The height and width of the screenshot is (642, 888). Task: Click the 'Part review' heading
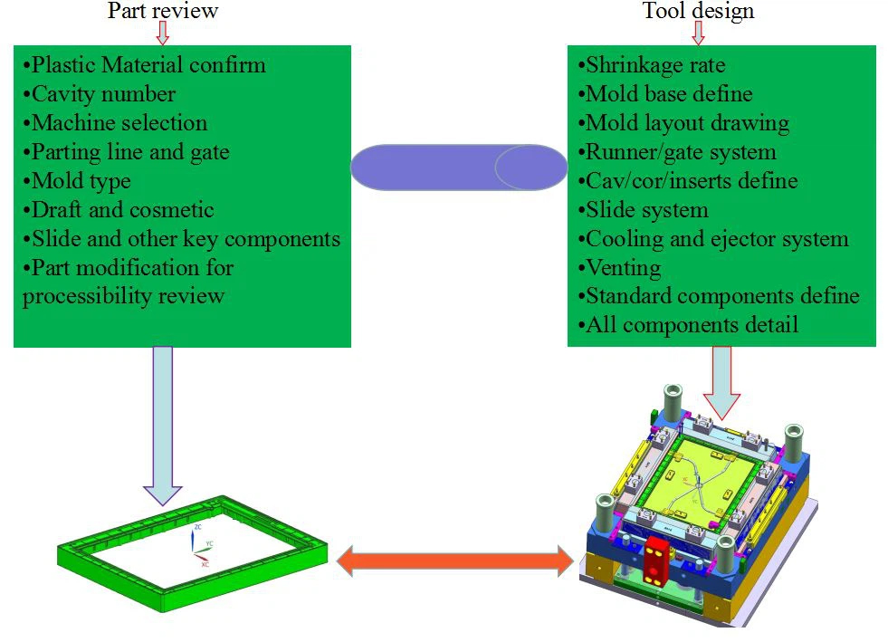pos(163,11)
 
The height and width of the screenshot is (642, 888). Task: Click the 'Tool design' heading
pos(698,11)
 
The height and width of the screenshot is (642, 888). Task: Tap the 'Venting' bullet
pos(623,268)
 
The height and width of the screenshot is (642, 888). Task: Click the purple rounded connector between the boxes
pos(458,168)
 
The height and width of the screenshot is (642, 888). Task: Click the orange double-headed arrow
pos(454,562)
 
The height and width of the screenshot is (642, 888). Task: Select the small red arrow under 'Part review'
pos(163,33)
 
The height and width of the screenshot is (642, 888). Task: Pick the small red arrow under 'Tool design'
pos(698,33)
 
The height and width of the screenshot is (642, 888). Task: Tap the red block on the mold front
pos(654,559)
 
